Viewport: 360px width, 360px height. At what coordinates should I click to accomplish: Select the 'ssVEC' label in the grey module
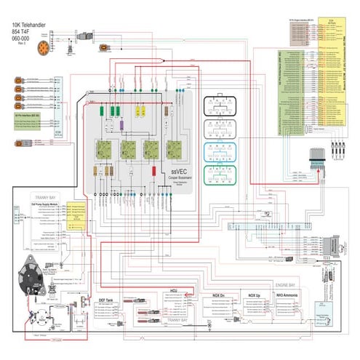pyautogui.click(x=172, y=172)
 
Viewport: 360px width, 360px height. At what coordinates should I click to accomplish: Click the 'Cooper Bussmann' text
pyautogui.click(x=172, y=177)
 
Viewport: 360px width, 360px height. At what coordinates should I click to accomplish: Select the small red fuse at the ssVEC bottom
pyautogui.click(x=155, y=171)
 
